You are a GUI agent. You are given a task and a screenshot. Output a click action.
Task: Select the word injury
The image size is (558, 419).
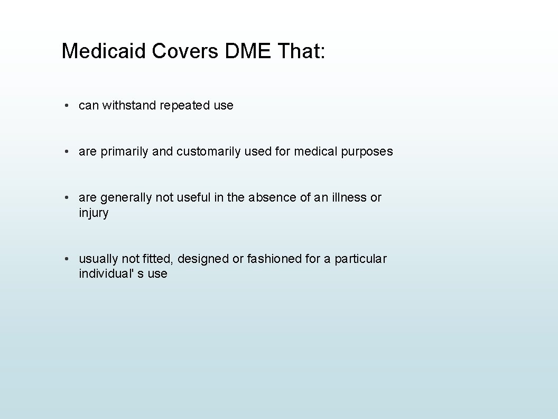click(94, 213)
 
